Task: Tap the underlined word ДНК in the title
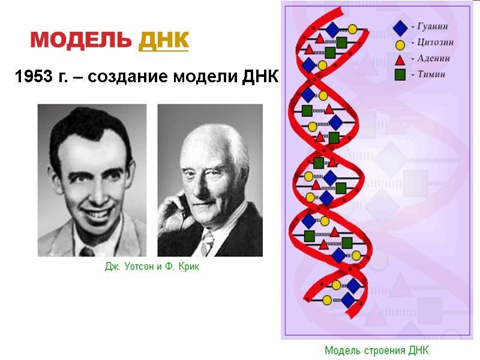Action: coord(163,41)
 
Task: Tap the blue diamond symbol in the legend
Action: coord(400,28)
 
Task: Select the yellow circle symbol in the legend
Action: coord(400,44)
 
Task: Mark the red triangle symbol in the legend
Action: coord(400,59)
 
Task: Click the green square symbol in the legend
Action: coord(400,74)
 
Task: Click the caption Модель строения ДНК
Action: coord(377,350)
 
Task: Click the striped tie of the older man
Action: coord(208,243)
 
